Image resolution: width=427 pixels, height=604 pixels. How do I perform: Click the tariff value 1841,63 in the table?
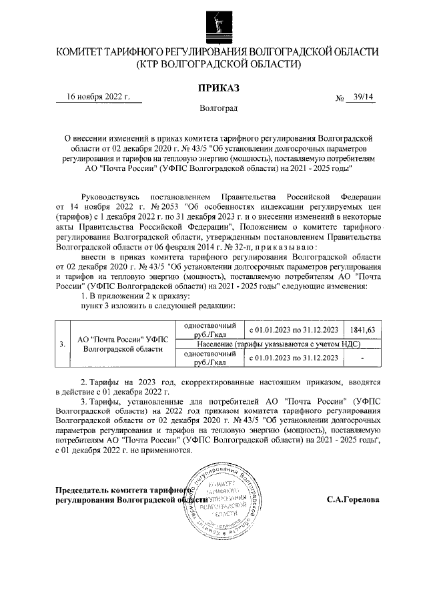[362, 330]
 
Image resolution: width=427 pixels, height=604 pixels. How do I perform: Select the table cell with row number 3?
[62, 344]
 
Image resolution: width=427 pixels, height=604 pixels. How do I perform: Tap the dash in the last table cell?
[362, 358]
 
